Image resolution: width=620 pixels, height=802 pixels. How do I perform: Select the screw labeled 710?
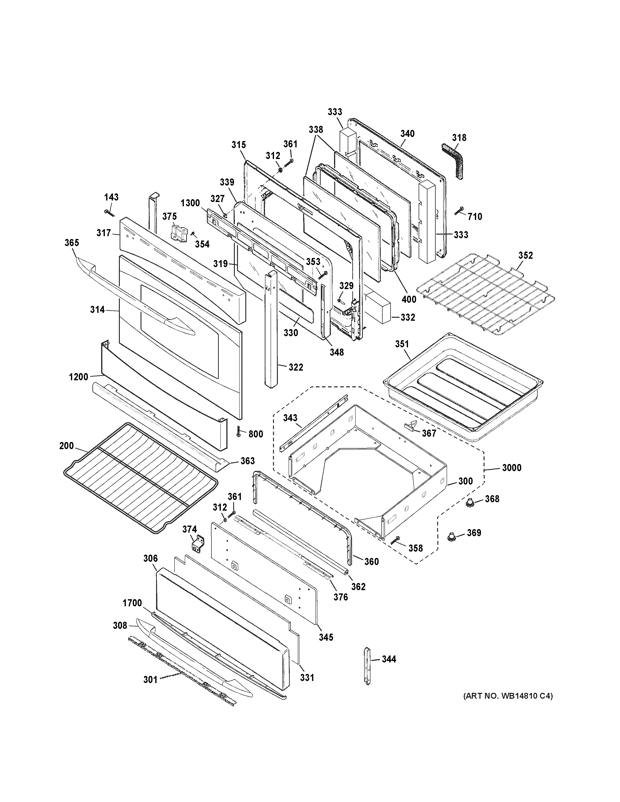(459, 210)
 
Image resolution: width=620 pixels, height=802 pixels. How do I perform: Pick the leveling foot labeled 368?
(469, 504)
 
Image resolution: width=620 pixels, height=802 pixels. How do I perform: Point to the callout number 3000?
(512, 468)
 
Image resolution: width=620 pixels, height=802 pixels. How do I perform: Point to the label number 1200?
(78, 377)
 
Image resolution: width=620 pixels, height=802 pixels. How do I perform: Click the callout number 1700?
(132, 603)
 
